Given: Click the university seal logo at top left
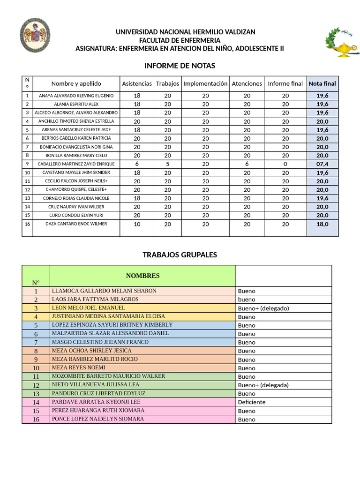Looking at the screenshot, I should click(35, 36).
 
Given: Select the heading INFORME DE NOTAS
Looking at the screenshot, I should click(180, 66).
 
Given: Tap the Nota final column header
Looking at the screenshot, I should click(322, 83).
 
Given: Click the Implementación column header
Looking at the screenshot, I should click(205, 83).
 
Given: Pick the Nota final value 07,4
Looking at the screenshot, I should click(322, 164).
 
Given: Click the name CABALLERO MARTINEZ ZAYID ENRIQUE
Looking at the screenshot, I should click(76, 164).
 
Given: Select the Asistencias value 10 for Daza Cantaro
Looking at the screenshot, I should click(137, 224).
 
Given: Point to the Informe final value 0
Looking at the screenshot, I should click(285, 164).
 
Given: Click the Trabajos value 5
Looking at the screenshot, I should click(167, 164).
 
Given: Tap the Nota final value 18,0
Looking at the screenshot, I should click(322, 224).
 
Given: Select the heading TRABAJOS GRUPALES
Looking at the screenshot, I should click(180, 255).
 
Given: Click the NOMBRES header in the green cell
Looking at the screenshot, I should click(142, 276).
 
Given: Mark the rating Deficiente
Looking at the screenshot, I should click(251, 402).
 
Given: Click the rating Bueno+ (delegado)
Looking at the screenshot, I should click(263, 308).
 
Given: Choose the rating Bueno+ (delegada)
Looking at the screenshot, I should click(263, 385).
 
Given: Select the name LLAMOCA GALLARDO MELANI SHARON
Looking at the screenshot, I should click(104, 291).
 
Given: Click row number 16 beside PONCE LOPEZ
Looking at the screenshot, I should click(36, 419).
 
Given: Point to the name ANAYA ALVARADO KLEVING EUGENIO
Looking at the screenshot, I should click(76, 96).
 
